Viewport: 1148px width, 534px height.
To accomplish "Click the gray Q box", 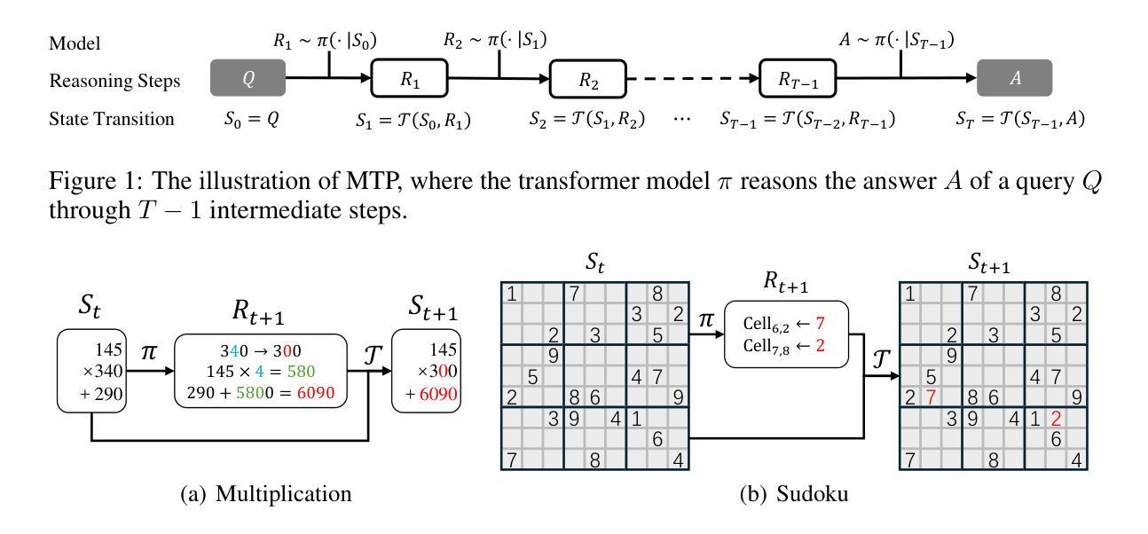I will [248, 78].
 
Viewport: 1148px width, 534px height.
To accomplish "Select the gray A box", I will [1014, 78].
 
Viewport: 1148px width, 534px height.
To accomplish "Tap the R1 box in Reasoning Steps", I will [409, 79].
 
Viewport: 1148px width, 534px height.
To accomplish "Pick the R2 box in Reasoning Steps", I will [588, 80].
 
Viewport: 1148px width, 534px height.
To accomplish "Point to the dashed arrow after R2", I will [692, 79].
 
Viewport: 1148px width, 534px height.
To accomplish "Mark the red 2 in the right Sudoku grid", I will [1056, 418].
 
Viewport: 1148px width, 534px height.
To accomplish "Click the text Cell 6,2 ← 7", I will [787, 325].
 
